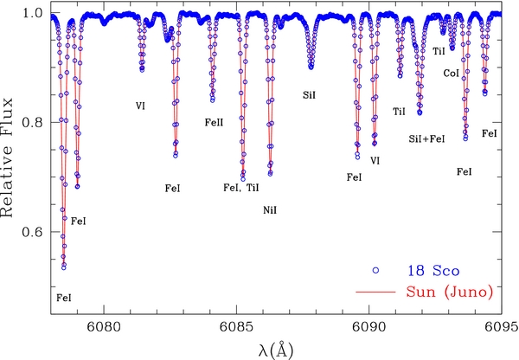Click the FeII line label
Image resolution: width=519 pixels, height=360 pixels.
tap(214, 123)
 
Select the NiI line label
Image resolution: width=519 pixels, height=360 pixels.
tap(270, 210)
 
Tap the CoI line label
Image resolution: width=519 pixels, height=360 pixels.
tap(452, 74)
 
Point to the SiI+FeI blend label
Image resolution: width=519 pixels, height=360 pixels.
tap(426, 138)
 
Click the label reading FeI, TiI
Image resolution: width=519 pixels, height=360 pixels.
tap(241, 188)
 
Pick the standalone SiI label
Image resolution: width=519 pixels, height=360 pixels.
tap(309, 95)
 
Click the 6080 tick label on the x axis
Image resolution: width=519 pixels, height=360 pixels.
tap(104, 327)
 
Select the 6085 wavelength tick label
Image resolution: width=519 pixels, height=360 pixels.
tap(236, 327)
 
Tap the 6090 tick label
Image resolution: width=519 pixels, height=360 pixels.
tap(368, 327)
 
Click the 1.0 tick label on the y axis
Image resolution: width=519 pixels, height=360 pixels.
tap(33, 13)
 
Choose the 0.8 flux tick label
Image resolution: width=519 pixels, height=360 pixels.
tap(33, 123)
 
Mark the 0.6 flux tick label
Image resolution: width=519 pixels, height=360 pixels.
tap(33, 232)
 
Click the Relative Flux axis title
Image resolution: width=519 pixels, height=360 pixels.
tap(7, 157)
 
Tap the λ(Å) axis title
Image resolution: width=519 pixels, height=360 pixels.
tap(276, 350)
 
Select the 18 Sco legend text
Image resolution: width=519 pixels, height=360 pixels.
tap(433, 271)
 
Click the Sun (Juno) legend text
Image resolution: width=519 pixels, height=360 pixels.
tap(449, 292)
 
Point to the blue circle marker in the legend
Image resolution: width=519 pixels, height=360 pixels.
tap(375, 271)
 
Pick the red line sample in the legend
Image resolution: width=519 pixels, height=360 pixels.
tap(375, 292)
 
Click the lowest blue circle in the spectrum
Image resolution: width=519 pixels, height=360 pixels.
tap(64, 267)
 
